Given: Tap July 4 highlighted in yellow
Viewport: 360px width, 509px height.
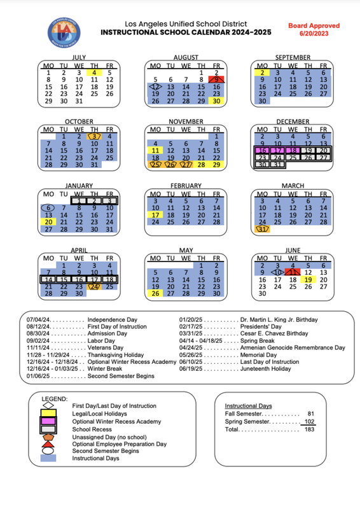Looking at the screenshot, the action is point(93,73).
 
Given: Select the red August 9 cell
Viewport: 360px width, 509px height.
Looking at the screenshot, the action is point(217,80).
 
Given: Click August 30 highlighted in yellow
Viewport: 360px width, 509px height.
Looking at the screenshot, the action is point(217,101).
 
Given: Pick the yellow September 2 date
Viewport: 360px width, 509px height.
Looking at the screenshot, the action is point(261,73).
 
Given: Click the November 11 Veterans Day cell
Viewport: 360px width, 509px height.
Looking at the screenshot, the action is point(155,150).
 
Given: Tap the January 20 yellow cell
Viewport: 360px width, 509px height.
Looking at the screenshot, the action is point(48,221).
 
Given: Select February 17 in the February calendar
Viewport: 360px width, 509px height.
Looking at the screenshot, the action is point(155,214).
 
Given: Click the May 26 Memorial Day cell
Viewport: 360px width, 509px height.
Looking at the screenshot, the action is point(155,293).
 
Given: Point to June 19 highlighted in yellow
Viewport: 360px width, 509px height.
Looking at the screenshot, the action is point(308,279).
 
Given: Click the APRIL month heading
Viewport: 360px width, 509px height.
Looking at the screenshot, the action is point(79,251).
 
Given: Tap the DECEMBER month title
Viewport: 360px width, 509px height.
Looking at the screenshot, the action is point(293,122).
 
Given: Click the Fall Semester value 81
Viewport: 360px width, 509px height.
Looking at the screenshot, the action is point(311,414).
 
